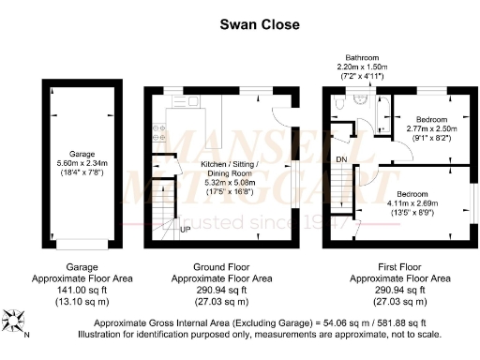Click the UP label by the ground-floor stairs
point(185,229)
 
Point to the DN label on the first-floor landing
point(343,159)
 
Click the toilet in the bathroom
point(342,110)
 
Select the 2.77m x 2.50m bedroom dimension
point(431,128)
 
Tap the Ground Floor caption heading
point(225,266)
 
